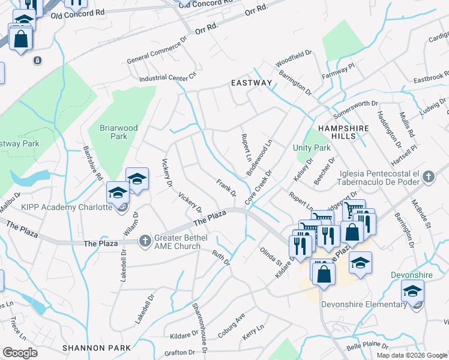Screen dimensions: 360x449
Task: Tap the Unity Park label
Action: click(x=312, y=148)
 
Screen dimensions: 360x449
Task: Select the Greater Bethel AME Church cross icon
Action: click(x=144, y=241)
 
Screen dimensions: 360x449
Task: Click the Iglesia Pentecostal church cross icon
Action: click(x=427, y=177)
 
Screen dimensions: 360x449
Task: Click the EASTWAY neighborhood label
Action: click(x=252, y=83)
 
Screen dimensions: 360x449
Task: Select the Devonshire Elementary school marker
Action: click(x=412, y=292)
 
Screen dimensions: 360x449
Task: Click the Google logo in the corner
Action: click(x=20, y=353)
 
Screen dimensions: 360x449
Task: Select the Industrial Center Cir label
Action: click(x=167, y=77)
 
